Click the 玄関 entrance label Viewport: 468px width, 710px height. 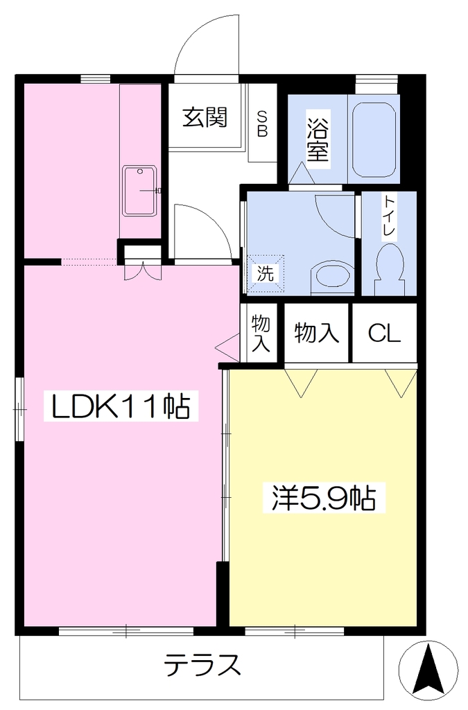[205, 118]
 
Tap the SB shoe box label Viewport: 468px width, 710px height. [262, 123]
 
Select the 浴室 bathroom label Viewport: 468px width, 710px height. [318, 139]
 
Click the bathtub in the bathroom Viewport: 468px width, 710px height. [374, 140]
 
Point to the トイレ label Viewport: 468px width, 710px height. [389, 215]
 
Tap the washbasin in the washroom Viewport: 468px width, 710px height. [333, 274]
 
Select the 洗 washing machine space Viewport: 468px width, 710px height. [266, 273]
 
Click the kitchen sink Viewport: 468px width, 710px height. [140, 191]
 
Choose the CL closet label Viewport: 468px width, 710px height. [384, 334]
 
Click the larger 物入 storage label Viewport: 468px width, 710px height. [316, 334]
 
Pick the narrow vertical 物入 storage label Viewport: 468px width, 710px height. [261, 334]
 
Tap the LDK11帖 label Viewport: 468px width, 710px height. [121, 406]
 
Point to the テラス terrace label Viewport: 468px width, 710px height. [202, 665]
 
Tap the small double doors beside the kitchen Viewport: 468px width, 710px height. [143, 271]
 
